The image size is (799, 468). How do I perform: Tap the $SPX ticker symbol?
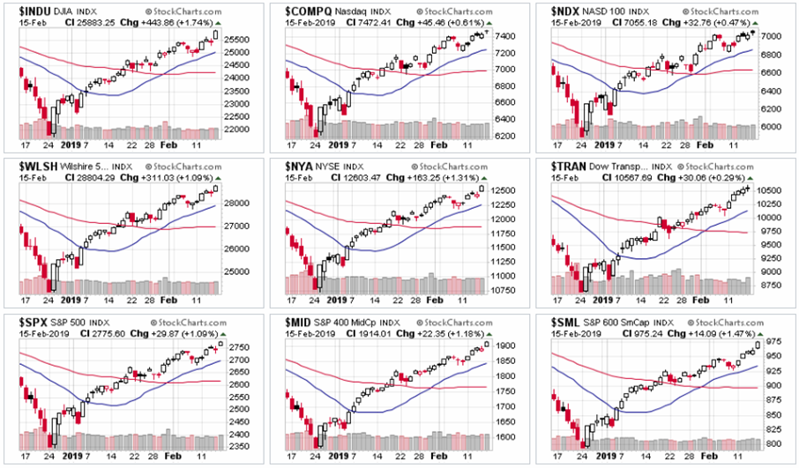[34, 320]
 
